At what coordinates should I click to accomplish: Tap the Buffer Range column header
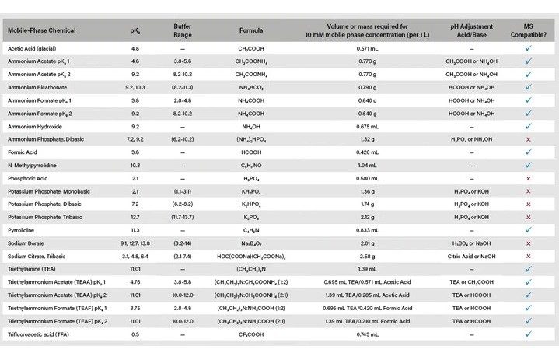pyautogui.click(x=182, y=31)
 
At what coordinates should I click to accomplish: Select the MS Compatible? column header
pyautogui.click(x=528, y=31)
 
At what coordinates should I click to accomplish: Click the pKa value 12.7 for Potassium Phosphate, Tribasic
pyautogui.click(x=135, y=217)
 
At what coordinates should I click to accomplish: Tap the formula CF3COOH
pyautogui.click(x=251, y=334)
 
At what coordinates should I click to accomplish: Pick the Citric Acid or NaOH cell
pyautogui.click(x=472, y=256)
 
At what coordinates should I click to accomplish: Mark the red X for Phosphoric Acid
pyautogui.click(x=528, y=178)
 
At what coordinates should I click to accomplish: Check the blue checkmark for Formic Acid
pyautogui.click(x=528, y=152)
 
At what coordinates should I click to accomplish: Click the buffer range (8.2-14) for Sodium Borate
pyautogui.click(x=182, y=243)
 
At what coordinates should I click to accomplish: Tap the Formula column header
pyautogui.click(x=251, y=31)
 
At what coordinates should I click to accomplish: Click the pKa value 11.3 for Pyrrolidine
pyautogui.click(x=135, y=230)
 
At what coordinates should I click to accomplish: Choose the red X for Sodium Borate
pyautogui.click(x=528, y=243)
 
